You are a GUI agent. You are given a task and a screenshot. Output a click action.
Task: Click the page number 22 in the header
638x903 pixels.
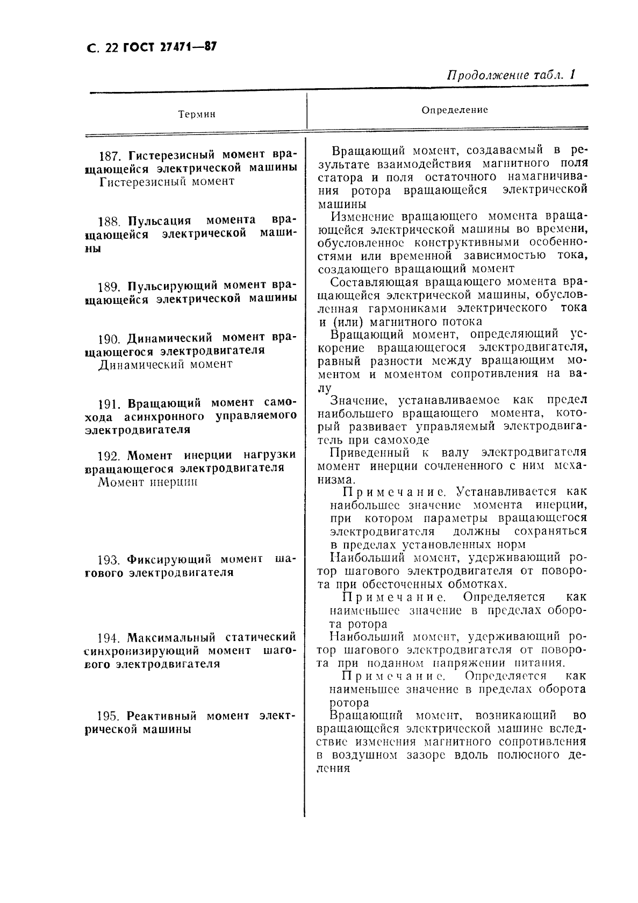112,48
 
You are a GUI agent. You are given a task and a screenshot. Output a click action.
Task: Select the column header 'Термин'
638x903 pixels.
197,114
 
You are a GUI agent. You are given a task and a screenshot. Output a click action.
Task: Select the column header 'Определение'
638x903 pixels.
455,110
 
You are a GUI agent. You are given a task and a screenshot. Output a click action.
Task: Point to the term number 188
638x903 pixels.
110,221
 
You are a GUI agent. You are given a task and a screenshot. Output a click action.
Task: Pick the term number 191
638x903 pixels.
110,403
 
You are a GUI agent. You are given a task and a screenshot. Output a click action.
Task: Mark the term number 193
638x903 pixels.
110,559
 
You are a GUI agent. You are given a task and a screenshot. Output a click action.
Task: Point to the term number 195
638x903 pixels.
109,716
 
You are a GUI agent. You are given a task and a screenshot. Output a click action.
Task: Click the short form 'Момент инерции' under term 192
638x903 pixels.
148,482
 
